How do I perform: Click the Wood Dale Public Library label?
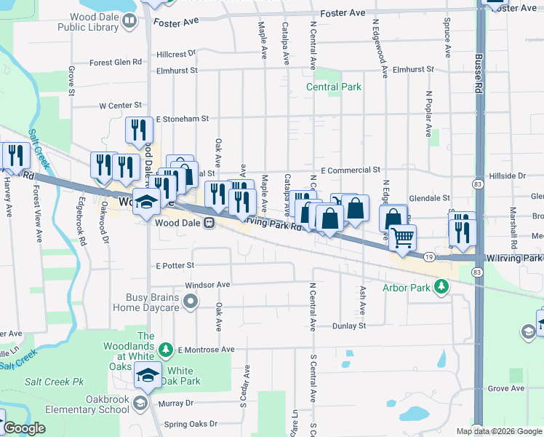88,22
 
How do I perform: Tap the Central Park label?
334,87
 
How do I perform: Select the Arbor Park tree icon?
440,288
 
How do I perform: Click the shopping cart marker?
402,237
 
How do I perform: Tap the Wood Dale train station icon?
209,222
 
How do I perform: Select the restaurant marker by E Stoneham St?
137,130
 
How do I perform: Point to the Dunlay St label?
350,326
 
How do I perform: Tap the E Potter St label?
175,266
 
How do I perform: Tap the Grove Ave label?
506,388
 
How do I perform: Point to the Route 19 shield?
429,256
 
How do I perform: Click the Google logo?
24,428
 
